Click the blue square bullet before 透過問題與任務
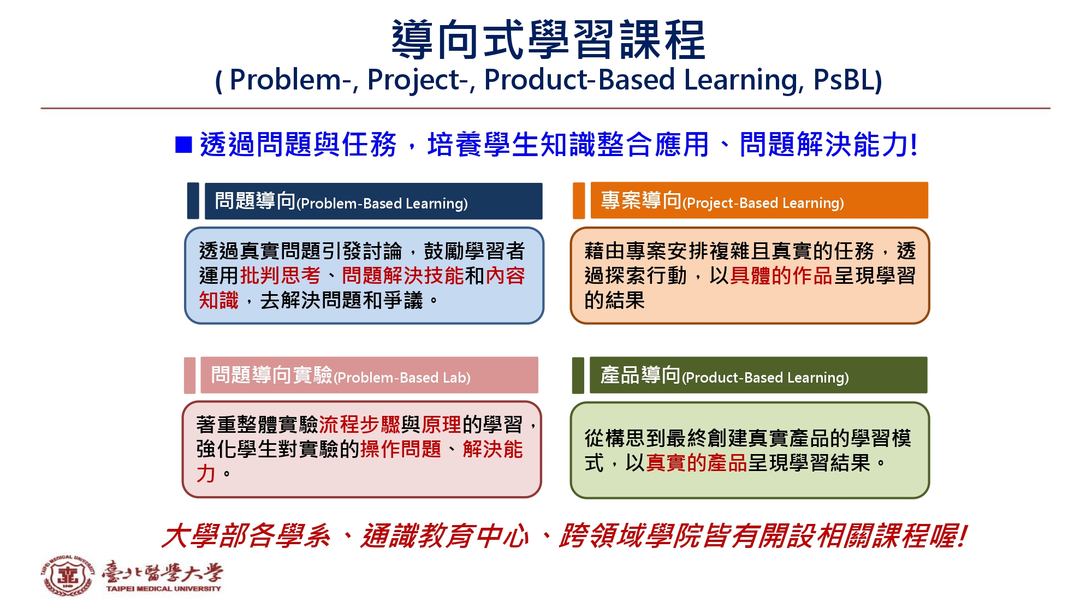[x=183, y=145]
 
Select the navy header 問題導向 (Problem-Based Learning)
[x=373, y=201]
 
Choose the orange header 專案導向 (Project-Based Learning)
[x=759, y=200]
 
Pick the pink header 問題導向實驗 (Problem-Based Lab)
[x=369, y=375]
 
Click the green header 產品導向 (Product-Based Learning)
[x=758, y=375]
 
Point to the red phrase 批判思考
[x=281, y=276]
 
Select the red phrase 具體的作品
[x=781, y=276]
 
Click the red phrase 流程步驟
[x=360, y=424]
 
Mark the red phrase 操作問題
[x=401, y=449]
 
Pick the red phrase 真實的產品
[x=696, y=463]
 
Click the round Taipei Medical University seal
[x=68, y=576]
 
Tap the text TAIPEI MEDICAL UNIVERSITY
[x=164, y=589]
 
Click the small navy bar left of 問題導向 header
[x=193, y=201]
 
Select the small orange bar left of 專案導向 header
[x=579, y=200]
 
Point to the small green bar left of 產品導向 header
[x=578, y=375]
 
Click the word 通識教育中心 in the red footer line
[x=444, y=536]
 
